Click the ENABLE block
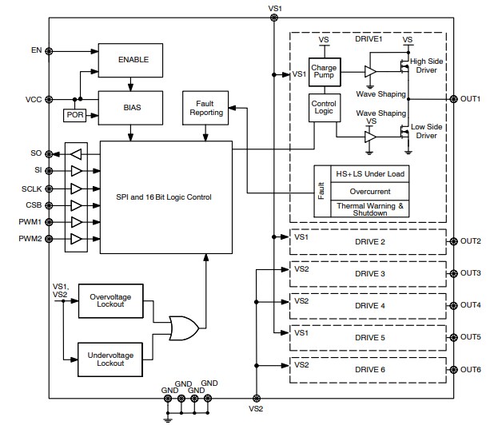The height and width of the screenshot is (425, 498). (x=133, y=60)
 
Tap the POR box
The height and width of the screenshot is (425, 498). (x=75, y=115)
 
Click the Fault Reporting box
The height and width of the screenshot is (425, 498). (x=206, y=108)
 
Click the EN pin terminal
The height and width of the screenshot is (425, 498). (x=50, y=50)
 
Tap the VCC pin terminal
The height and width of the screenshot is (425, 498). (x=50, y=100)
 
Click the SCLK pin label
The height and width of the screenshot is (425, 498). (x=30, y=188)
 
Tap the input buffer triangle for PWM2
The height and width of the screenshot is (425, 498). (x=77, y=239)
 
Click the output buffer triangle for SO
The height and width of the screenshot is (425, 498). (x=77, y=153)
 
